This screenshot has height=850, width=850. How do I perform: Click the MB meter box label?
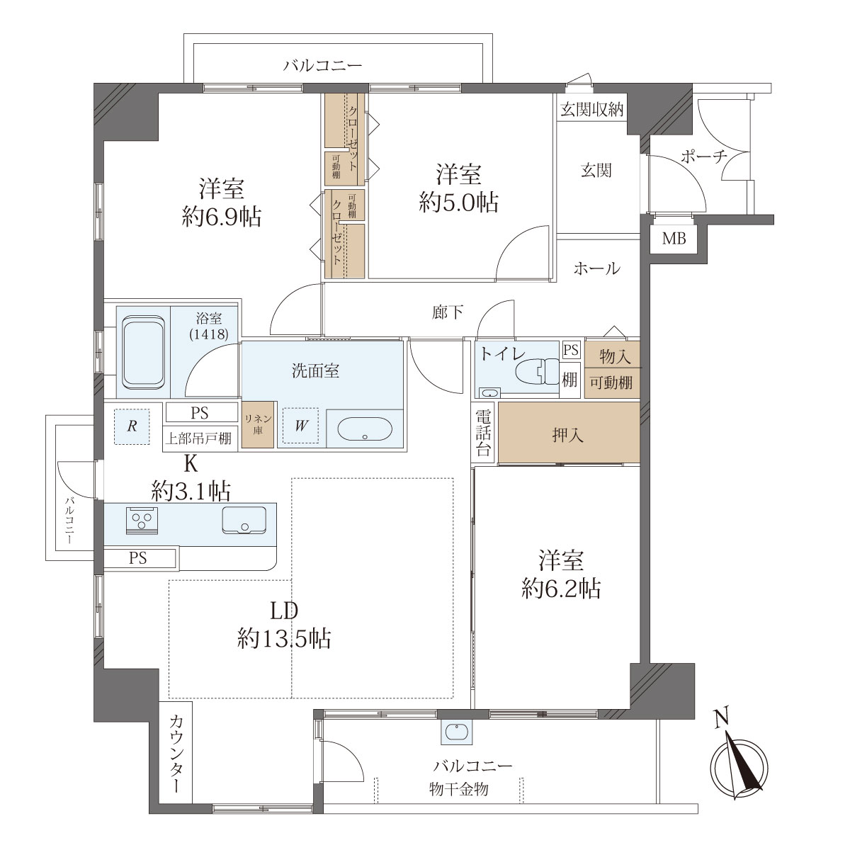pos(674,239)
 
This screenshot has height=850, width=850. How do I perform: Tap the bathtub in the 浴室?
pos(143,352)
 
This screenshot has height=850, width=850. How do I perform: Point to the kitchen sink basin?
pos(244,520)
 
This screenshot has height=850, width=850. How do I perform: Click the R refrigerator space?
pos(132,426)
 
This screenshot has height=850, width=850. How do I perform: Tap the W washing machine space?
pos(301,425)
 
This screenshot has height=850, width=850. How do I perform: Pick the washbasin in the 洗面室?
pos(365,429)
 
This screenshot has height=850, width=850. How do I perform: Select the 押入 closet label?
pos(567,436)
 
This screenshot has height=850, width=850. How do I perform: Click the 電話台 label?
pos(483,433)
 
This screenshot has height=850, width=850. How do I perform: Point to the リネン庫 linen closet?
pos(258,424)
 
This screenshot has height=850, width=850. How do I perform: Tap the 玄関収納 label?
pos(592,110)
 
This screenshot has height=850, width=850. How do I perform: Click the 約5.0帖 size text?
pos(459,203)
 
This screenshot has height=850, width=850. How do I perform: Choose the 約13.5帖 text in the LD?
pos(284,637)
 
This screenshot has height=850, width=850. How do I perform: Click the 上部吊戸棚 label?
pos(198,438)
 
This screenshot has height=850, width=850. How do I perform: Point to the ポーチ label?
pos(704,156)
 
